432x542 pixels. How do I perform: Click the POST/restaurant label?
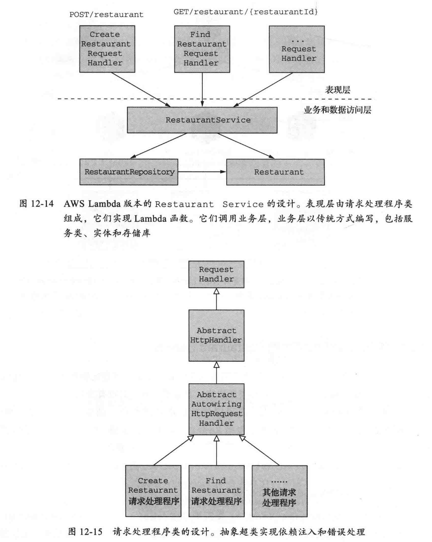(x=106, y=15)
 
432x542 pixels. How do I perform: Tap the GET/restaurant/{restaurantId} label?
(x=246, y=12)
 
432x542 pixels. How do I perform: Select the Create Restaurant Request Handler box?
(x=107, y=49)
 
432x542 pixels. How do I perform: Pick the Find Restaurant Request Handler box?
(x=202, y=49)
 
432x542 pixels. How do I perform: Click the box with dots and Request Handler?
(x=297, y=49)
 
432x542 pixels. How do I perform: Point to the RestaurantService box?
(x=202, y=120)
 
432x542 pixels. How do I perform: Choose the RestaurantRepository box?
(x=129, y=172)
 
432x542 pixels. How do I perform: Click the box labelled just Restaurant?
(x=275, y=172)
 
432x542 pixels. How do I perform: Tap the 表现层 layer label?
(x=337, y=90)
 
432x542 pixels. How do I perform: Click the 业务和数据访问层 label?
(x=337, y=110)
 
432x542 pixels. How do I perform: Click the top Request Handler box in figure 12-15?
(x=216, y=274)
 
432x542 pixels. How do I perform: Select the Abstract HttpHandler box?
(x=216, y=336)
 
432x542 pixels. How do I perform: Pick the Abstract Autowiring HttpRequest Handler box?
(x=216, y=409)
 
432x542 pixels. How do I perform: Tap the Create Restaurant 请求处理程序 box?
(x=153, y=491)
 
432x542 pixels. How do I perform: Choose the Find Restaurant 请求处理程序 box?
(x=216, y=491)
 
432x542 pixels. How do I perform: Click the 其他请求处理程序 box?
(x=279, y=491)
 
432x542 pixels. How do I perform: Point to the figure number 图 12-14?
(x=37, y=204)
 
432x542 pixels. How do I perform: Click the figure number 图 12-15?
(x=85, y=532)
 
